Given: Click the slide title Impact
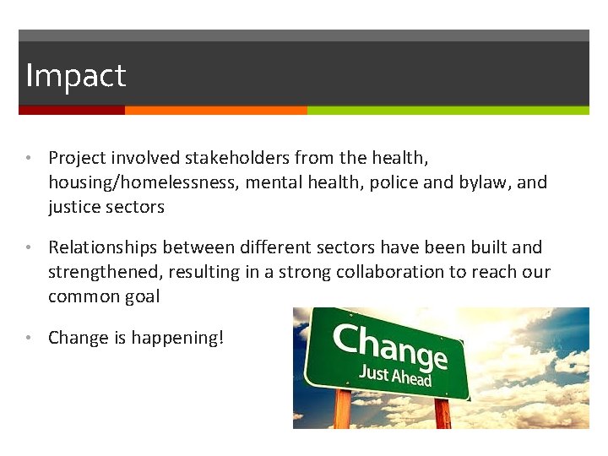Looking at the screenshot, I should [x=75, y=76].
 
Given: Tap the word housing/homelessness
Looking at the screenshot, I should [x=144, y=182].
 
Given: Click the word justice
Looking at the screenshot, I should [x=75, y=207].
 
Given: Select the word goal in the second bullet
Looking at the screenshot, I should [x=141, y=297].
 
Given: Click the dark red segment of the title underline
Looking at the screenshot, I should [x=72, y=110].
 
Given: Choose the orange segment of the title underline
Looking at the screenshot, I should [x=215, y=110].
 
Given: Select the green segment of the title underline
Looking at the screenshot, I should [x=448, y=110].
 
